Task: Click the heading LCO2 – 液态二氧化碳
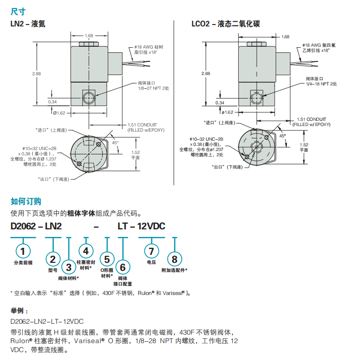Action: point(225,24)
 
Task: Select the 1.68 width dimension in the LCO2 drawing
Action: point(285,37)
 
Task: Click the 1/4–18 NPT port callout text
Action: point(321,84)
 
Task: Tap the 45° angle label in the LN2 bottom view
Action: point(115,142)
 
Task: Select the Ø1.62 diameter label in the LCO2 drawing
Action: point(227,112)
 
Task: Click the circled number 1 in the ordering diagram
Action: point(24,250)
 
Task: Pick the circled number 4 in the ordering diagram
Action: point(85,251)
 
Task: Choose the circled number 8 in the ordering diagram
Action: point(175,259)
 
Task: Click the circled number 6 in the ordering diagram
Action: point(123,267)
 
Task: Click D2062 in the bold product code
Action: point(23,226)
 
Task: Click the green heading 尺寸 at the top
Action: point(18,10)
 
